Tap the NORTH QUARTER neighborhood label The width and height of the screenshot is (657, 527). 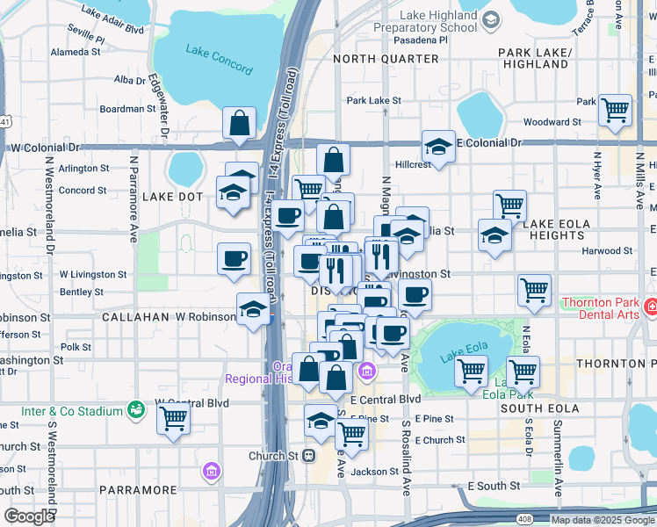[x=386, y=59]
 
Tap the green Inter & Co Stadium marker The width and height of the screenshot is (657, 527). [x=135, y=409]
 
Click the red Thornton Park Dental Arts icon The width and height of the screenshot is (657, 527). [x=649, y=308]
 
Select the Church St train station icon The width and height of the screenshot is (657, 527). [x=308, y=456]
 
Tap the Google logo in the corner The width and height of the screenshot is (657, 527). [x=29, y=516]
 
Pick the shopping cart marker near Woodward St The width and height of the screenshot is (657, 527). [x=615, y=110]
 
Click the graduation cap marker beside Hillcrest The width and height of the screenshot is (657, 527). [x=438, y=146]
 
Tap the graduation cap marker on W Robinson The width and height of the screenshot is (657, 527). [x=253, y=309]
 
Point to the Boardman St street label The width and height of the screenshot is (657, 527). [x=127, y=109]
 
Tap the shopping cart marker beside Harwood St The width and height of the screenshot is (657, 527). [x=534, y=290]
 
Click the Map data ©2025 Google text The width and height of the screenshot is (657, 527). [x=603, y=519]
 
